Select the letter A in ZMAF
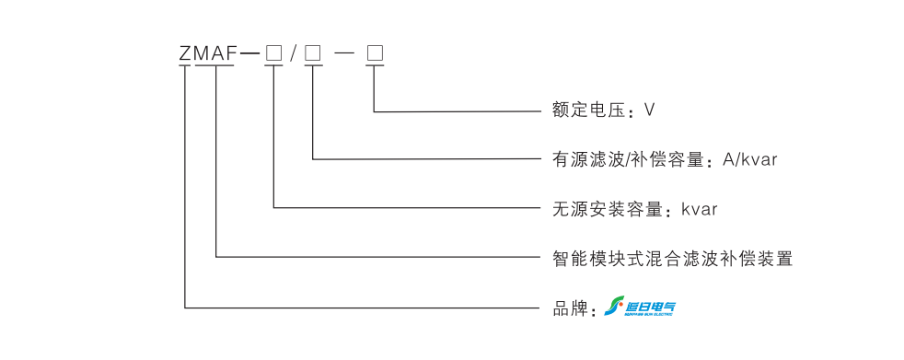coord(219,54)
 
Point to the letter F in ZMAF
coord(233,54)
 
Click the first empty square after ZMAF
coord(273,54)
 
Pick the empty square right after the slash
coord(313,54)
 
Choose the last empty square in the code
coord(375,54)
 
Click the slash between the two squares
coord(293,54)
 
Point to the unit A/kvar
coord(750,159)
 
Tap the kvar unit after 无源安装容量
coord(699,209)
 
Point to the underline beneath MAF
coord(217,67)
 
